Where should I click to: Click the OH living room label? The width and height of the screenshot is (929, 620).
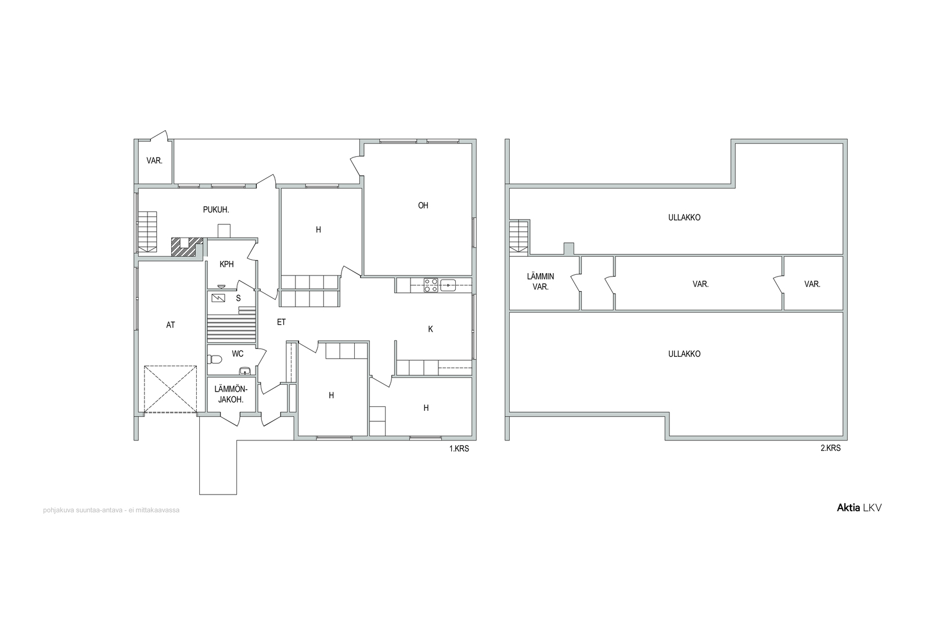click(423, 206)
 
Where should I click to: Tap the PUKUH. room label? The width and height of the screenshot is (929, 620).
click(216, 210)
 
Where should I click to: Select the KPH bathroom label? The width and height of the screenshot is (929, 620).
click(227, 264)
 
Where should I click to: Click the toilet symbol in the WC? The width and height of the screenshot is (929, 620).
click(214, 359)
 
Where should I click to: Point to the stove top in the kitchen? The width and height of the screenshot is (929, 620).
click(430, 285)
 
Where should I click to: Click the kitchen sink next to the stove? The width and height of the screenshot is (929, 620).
click(448, 285)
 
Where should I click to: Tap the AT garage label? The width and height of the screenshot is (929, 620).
click(171, 325)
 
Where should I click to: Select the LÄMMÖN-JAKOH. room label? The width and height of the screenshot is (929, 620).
click(231, 394)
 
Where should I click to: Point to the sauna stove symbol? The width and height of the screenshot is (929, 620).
click(218, 298)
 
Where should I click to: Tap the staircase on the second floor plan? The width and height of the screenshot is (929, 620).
click(519, 236)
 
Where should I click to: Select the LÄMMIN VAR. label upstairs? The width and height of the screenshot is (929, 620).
click(541, 281)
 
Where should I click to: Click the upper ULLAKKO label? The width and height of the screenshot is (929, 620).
click(685, 217)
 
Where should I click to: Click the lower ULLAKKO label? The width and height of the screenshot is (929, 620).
click(685, 354)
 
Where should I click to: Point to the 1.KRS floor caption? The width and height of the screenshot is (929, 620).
click(459, 449)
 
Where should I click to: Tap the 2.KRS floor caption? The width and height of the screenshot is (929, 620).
click(831, 448)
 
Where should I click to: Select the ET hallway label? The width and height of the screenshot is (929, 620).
click(281, 322)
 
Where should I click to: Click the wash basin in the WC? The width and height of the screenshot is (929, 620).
click(244, 371)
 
